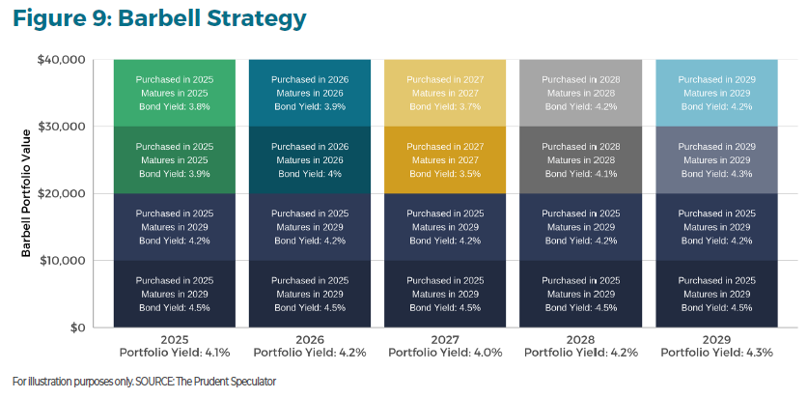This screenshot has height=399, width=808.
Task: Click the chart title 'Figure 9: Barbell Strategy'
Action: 159,18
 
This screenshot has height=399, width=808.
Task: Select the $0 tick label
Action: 76,328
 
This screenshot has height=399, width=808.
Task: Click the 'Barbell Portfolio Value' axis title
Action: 28,193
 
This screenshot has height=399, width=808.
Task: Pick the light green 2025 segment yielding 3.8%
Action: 175,93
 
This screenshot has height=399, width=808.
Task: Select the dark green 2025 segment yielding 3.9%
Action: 175,159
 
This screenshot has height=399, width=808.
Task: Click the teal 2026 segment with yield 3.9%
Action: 310,93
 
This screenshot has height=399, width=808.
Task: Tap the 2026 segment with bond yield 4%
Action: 310,159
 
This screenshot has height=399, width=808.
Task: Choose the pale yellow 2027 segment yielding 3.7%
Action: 445,93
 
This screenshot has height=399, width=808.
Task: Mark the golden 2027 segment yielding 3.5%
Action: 445,159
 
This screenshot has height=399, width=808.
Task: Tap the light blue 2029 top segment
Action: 716,93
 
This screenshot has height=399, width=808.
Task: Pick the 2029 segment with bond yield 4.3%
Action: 716,159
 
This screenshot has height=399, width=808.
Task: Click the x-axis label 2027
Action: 445,340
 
